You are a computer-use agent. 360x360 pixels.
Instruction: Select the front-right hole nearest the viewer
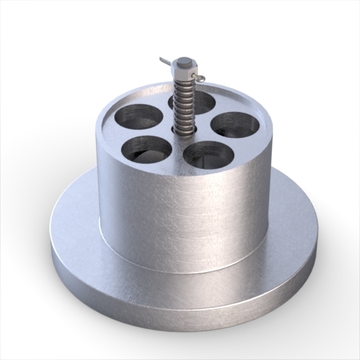(x=207, y=155)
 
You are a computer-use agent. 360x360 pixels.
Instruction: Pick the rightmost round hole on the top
(x=235, y=124)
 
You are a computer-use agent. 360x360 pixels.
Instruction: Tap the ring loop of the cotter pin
(x=195, y=79)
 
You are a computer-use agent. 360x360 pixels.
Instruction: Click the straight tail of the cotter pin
(x=166, y=62)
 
